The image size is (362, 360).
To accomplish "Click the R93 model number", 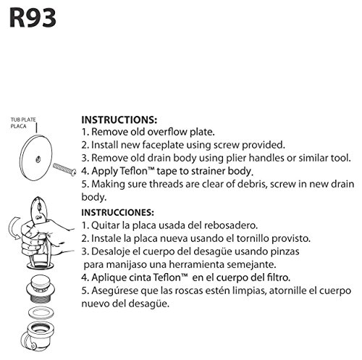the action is click(x=33, y=18).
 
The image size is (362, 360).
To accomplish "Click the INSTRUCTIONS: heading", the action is click(x=119, y=120).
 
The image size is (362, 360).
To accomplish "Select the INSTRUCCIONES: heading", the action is click(x=117, y=212).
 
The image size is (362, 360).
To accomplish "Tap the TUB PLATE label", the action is click(x=23, y=120).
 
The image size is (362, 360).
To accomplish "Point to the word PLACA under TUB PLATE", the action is click(x=18, y=126).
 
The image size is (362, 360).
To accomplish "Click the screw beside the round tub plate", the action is click(x=64, y=169).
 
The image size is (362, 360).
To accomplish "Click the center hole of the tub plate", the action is click(x=38, y=159).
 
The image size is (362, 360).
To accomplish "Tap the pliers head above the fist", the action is click(x=38, y=209).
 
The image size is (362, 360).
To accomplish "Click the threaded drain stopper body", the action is click(x=41, y=289).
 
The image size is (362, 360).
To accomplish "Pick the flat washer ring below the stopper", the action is click(x=41, y=313).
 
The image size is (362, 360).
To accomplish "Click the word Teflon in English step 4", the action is click(x=133, y=171).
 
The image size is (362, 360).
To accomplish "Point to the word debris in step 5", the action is click(x=252, y=184).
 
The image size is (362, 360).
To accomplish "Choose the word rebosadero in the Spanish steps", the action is click(x=231, y=225).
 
